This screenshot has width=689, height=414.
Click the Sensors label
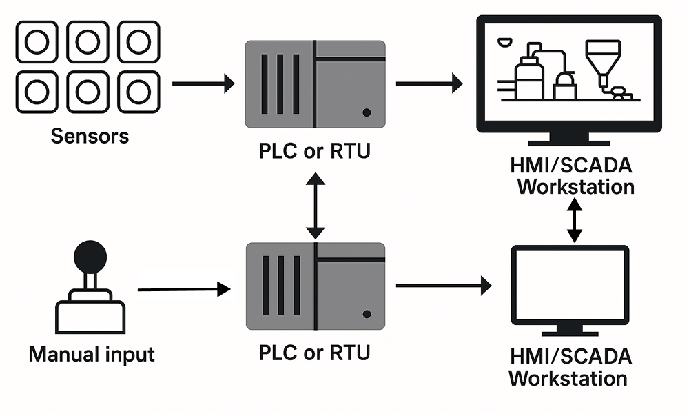(x=90, y=135)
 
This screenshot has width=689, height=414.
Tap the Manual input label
(x=92, y=355)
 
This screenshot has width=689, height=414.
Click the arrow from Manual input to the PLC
(x=183, y=290)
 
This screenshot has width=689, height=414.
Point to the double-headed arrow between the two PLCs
(x=315, y=205)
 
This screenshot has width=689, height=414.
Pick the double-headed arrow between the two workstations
(x=574, y=220)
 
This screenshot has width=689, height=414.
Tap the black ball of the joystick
(x=91, y=257)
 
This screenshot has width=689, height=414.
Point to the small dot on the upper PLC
(x=367, y=112)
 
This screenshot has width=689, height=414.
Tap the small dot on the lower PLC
(x=367, y=314)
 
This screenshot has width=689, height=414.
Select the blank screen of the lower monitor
(x=569, y=284)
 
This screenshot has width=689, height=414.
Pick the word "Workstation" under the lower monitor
(x=568, y=379)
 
